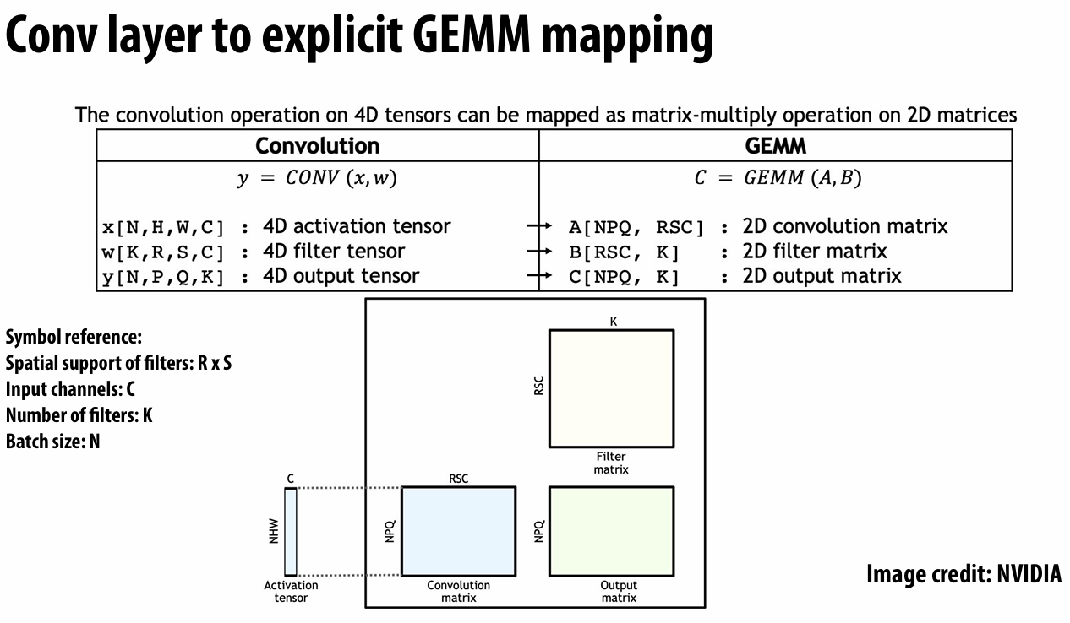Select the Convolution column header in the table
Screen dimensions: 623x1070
[318, 145]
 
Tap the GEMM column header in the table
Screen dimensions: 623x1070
[775, 145]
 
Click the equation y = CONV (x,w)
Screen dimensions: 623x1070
[316, 179]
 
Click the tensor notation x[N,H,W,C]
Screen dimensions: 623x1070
[163, 228]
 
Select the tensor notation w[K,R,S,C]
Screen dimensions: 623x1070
[163, 252]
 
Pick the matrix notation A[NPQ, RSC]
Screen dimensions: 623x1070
[636, 227]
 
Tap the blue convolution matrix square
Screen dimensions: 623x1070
[458, 531]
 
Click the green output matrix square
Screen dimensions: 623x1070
[612, 531]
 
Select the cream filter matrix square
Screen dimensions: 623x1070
[612, 387]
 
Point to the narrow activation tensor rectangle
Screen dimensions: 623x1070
[291, 531]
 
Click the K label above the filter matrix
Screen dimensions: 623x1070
[613, 322]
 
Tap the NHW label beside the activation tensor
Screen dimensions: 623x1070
[273, 531]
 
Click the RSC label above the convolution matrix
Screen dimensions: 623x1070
[458, 479]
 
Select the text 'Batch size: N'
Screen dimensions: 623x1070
[52, 441]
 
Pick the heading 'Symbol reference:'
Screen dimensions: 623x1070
[73, 338]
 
